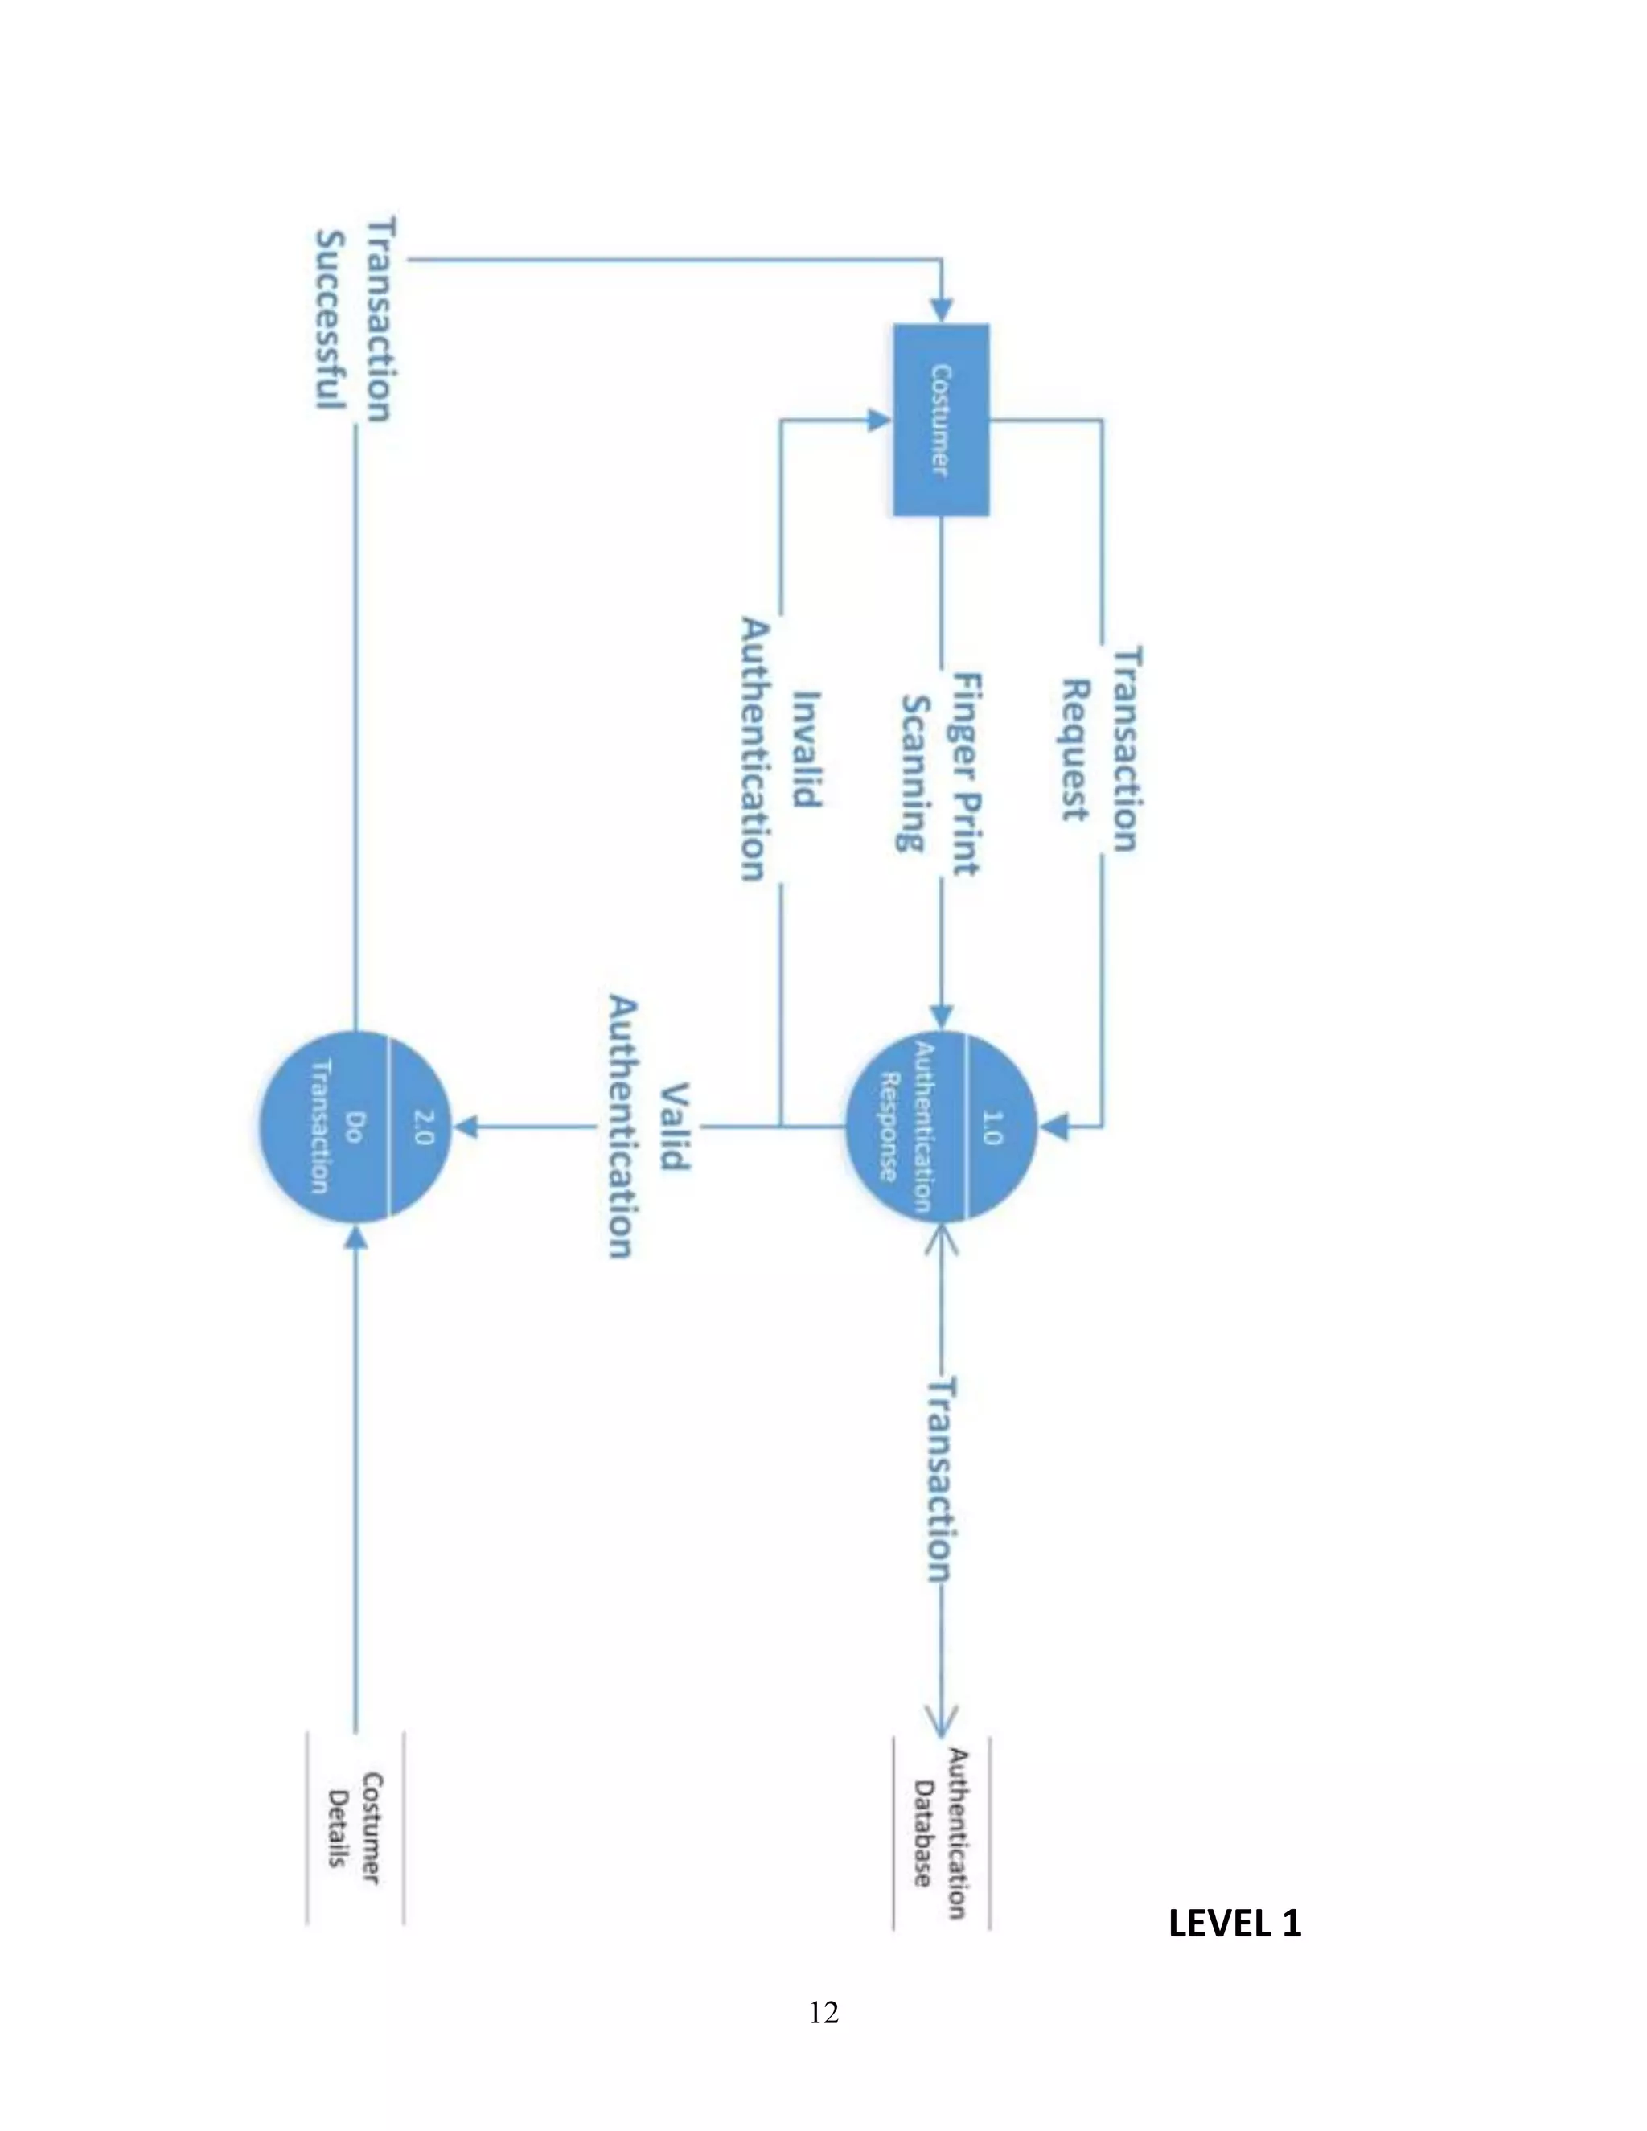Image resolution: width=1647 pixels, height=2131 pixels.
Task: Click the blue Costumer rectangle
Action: click(941, 420)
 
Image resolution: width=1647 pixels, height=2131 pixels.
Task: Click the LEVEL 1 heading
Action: click(1234, 1924)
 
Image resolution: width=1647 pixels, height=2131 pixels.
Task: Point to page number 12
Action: click(823, 2012)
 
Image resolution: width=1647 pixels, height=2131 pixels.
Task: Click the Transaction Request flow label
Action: click(1101, 749)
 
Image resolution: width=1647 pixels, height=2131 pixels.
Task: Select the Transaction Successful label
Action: click(355, 318)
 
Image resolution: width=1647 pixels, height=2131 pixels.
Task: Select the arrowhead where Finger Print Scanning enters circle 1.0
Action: click(941, 1016)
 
